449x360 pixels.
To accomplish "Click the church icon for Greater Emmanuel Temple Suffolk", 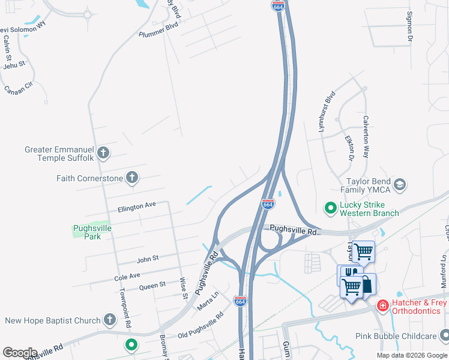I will (x=103, y=153).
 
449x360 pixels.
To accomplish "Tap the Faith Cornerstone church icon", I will (x=132, y=178).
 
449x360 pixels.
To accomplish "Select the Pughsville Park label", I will (x=92, y=232).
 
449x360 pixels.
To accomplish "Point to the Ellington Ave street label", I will (x=136, y=206).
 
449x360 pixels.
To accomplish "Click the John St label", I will (x=147, y=259).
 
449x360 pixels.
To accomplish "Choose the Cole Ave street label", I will (x=127, y=277).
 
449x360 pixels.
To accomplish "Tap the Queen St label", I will (x=152, y=286).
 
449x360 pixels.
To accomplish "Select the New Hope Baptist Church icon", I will (x=109, y=320).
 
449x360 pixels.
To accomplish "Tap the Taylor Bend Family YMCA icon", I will (x=400, y=184).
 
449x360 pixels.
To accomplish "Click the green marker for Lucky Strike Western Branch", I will (x=330, y=208).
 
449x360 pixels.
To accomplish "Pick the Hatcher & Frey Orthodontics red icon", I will (x=382, y=307).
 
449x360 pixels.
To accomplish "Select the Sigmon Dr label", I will (x=411, y=27).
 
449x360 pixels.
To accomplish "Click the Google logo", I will (x=20, y=353).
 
